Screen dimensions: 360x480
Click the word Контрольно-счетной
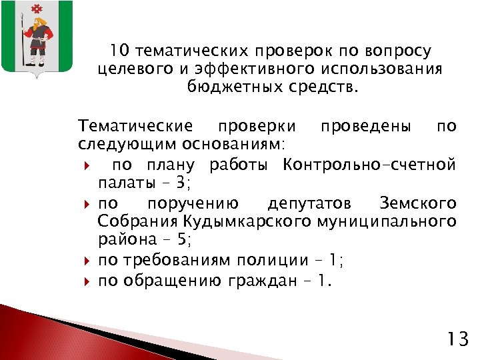(369, 164)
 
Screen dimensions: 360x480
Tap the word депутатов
(309, 203)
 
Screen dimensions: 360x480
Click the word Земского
(417, 203)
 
